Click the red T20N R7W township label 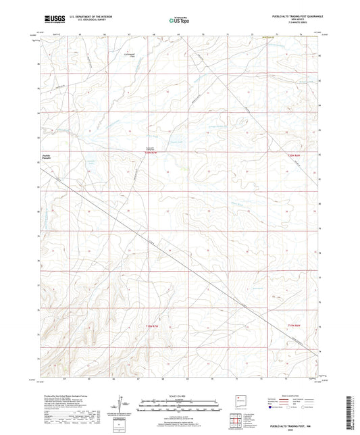(x=154, y=153)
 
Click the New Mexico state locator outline (x=238, y=397)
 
